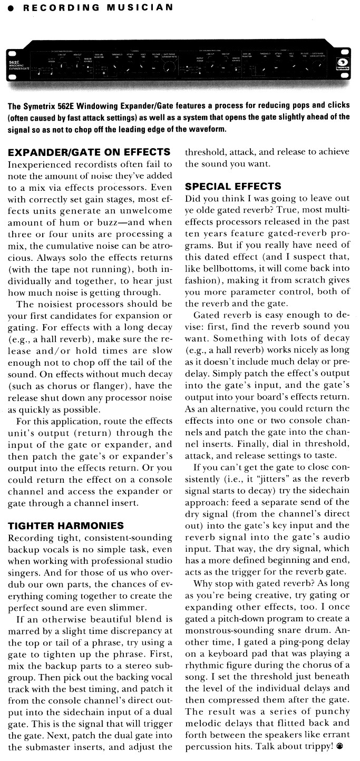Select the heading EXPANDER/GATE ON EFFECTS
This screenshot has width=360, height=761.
[x=89, y=153]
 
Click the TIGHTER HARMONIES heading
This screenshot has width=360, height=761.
[x=66, y=525]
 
